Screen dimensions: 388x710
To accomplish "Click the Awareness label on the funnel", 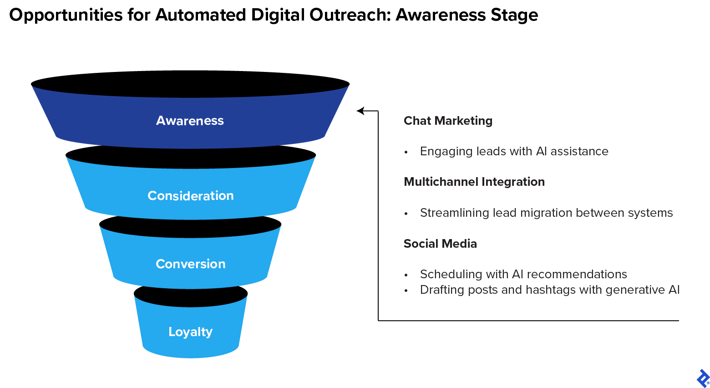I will [190, 121].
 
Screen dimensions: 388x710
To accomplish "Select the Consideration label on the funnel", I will [190, 196].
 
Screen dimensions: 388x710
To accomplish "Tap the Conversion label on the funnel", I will [190, 264].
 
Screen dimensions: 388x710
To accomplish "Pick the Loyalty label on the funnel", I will [190, 332].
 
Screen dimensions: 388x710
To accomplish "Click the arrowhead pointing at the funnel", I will [360, 111].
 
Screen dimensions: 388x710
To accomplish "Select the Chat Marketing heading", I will [448, 121].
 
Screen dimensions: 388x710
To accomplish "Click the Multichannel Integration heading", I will [474, 182].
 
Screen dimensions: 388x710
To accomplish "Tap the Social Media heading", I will [440, 244].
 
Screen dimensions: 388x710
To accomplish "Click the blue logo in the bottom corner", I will [703, 378].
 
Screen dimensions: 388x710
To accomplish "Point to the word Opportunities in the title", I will [66, 15].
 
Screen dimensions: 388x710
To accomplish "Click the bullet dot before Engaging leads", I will [406, 153].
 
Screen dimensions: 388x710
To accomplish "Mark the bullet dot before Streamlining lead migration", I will [406, 214].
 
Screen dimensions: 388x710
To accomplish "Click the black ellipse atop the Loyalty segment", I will [191, 296].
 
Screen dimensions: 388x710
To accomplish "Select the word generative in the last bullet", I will [634, 290].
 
